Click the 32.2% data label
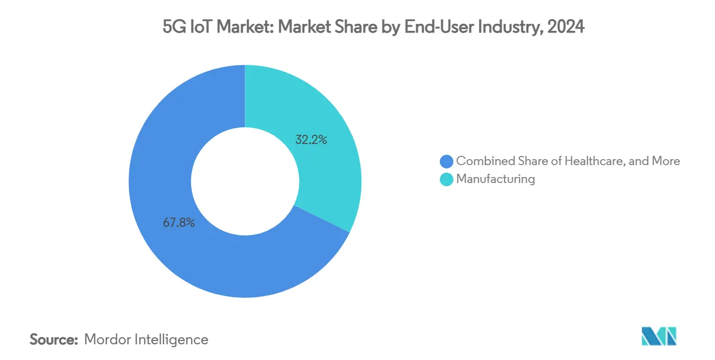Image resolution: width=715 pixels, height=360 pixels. coord(311,140)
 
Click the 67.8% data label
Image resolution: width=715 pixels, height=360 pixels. coord(179,222)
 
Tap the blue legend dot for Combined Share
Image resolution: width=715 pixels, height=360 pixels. coord(446,161)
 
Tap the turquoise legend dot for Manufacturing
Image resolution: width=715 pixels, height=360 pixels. coord(446,179)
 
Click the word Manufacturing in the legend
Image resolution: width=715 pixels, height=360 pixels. coord(496,179)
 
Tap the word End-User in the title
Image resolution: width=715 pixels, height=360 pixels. coord(435,27)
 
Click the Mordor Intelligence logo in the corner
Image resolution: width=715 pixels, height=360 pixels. coord(659,336)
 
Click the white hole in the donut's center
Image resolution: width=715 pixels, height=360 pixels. coord(245,181)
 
